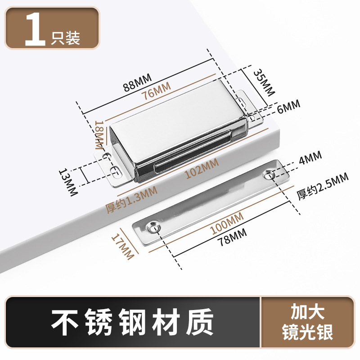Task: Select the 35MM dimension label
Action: pyautogui.click(x=263, y=83)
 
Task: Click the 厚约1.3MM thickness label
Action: pyautogui.click(x=131, y=198)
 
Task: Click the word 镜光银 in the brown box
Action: pyautogui.click(x=308, y=333)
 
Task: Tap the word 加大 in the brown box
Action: pyautogui.click(x=308, y=312)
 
